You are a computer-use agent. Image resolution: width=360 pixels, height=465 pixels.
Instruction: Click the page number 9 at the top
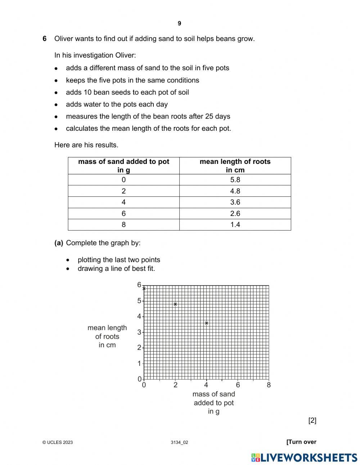[x=179, y=23]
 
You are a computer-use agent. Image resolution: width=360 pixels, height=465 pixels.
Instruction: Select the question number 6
[x=45, y=39]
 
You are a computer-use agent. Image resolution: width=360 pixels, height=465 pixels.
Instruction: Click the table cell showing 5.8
[x=235, y=180]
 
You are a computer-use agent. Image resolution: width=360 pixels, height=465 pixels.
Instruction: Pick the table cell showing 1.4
[x=235, y=225]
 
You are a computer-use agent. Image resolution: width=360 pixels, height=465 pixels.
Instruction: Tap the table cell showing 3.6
[x=235, y=202]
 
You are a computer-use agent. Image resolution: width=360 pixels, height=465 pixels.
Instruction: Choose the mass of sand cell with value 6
[x=123, y=214]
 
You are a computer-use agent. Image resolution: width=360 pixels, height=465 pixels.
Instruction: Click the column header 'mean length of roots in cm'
[x=235, y=166]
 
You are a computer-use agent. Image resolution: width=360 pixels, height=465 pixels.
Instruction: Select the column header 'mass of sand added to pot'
[x=123, y=166]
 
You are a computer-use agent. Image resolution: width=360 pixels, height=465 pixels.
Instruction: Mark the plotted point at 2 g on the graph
[x=175, y=304]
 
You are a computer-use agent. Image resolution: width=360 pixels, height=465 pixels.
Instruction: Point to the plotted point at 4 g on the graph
[x=207, y=323]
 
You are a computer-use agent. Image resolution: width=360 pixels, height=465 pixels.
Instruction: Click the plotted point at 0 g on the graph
[x=144, y=288]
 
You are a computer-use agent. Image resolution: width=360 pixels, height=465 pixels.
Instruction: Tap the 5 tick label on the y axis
[x=139, y=301]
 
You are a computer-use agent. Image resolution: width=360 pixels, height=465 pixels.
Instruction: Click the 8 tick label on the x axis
[x=269, y=385]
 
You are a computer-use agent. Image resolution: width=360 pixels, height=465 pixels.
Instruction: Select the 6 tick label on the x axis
[x=238, y=385]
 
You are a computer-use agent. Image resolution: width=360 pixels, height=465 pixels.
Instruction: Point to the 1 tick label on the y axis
[x=139, y=363]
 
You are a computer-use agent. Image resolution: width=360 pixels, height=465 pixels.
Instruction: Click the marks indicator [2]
[x=312, y=420]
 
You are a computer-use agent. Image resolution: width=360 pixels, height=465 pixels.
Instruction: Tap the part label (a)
[x=59, y=243]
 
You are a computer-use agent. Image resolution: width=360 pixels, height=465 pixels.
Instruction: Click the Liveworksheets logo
[x=304, y=457]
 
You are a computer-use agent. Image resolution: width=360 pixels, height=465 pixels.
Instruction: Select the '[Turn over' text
[x=301, y=442]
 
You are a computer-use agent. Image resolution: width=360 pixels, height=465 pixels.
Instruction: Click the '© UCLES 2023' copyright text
[x=58, y=442]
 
